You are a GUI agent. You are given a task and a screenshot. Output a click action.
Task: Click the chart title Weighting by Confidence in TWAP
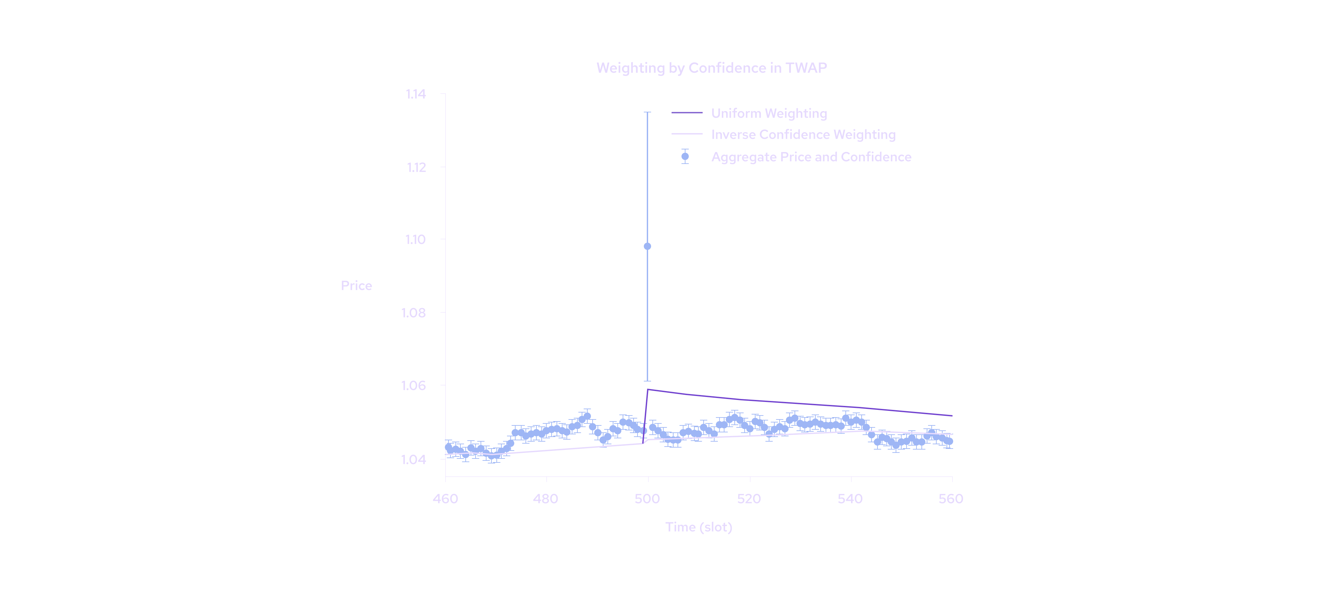coord(711,68)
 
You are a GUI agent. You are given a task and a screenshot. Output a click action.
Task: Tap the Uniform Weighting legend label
coord(769,113)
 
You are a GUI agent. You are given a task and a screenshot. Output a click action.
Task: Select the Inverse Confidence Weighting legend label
coord(803,135)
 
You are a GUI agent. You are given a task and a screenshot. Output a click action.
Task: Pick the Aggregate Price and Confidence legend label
coord(811,157)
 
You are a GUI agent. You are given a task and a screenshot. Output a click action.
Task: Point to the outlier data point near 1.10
coord(647,246)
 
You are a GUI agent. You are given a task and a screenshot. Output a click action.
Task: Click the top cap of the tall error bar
coord(647,112)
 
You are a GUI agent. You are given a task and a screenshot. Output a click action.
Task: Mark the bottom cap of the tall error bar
coord(647,381)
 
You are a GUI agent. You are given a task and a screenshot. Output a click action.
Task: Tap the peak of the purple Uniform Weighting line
coord(648,390)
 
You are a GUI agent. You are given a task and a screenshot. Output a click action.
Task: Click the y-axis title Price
coord(356,286)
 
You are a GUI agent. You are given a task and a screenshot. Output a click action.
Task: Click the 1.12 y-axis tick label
coord(416,167)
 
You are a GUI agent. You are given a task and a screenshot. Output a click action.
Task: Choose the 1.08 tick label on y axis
coord(414,313)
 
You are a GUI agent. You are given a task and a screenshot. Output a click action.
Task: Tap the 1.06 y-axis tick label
coord(414,385)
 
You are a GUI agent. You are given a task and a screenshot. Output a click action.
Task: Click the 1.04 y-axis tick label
coord(414,459)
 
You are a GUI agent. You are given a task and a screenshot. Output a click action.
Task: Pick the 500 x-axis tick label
coord(647,498)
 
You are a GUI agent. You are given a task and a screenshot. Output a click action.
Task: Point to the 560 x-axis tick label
coord(951,498)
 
